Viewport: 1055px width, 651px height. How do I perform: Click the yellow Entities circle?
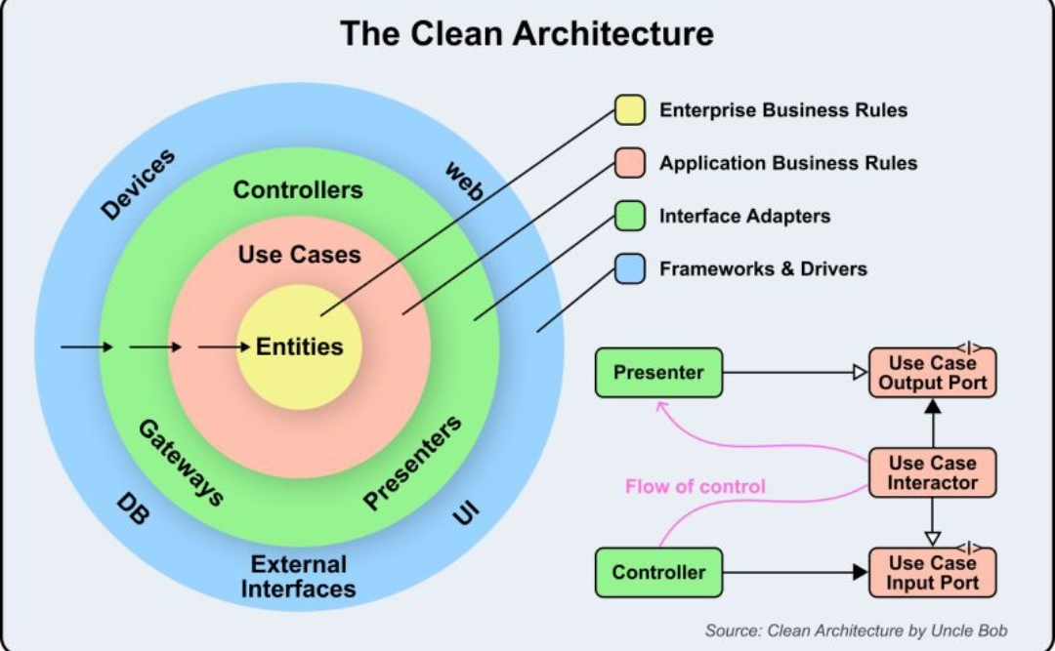[x=299, y=346]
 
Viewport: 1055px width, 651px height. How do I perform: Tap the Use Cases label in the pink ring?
[x=299, y=256]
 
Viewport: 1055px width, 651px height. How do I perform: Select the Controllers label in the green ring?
[x=298, y=190]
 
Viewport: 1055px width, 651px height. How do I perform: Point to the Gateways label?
[x=181, y=463]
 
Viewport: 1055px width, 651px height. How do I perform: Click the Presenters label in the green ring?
[x=412, y=463]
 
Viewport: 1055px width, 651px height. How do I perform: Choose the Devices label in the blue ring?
[x=138, y=183]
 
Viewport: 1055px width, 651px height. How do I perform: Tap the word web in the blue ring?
[x=464, y=182]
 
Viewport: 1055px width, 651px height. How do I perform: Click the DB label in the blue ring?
[x=133, y=508]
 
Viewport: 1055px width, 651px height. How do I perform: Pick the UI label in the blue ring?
[x=467, y=509]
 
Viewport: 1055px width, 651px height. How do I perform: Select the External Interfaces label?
[x=298, y=576]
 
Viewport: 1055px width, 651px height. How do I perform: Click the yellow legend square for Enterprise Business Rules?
[x=629, y=110]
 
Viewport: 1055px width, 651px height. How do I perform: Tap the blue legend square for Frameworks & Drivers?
[x=629, y=268]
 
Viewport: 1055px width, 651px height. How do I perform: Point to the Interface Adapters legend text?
[x=744, y=216]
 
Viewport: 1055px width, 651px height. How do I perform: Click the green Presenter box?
[x=658, y=372]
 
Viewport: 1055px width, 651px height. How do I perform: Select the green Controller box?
[x=658, y=572]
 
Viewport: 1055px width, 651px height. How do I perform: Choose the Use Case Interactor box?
[x=932, y=472]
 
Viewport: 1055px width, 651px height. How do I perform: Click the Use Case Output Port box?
[x=932, y=373]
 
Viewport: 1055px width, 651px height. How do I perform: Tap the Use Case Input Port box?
[x=932, y=573]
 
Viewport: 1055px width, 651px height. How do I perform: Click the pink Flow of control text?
[x=696, y=486]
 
